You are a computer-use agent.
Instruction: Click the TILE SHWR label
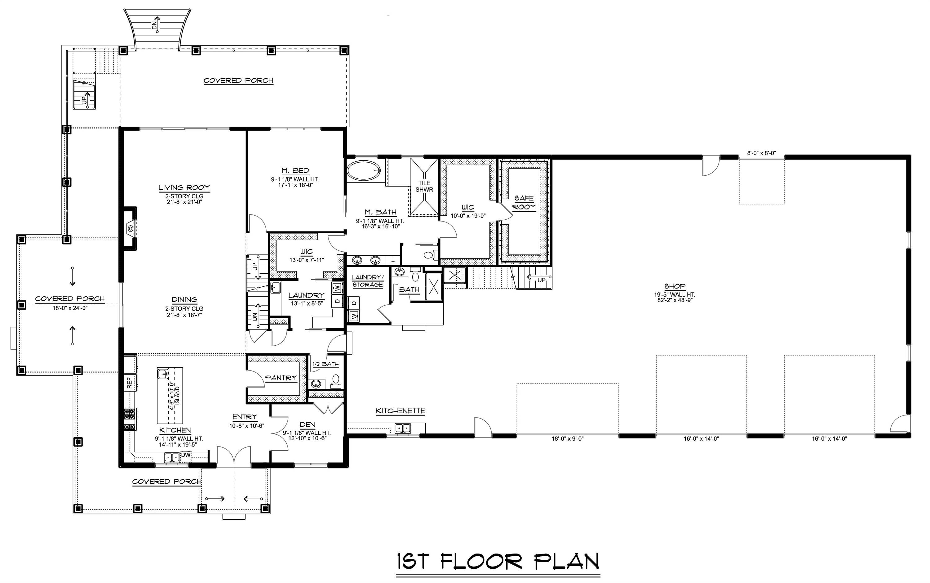tap(424, 186)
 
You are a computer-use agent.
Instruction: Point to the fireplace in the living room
tap(131, 229)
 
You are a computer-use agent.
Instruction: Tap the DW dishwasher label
tap(186, 455)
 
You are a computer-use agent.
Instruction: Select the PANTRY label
tap(281, 378)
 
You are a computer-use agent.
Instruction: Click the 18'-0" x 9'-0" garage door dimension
tap(568, 438)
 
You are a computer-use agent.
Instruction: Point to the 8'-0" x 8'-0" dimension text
tap(761, 153)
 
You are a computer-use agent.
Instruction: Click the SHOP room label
tap(675, 286)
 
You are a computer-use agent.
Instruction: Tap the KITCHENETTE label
tap(400, 411)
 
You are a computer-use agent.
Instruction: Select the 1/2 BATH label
tap(325, 364)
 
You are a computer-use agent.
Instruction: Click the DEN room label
tap(307, 425)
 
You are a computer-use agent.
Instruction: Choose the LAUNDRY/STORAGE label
tap(368, 281)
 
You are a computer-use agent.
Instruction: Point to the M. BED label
tap(295, 170)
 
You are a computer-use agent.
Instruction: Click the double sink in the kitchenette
tap(403, 428)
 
